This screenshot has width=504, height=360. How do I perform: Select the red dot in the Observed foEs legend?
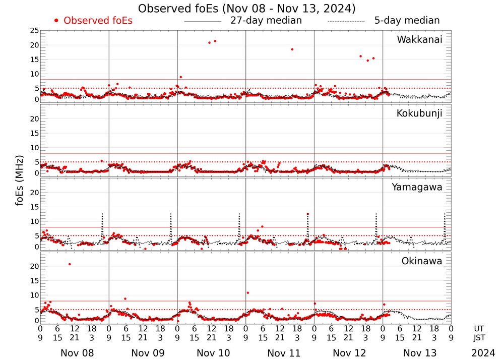coord(56,21)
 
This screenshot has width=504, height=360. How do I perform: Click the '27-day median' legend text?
coord(266,21)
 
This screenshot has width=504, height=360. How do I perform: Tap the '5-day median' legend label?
coord(407,21)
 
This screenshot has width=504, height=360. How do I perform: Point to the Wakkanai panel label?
coord(419,40)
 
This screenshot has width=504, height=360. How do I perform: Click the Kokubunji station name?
coord(419,113)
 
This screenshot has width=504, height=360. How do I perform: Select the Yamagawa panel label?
coord(417,187)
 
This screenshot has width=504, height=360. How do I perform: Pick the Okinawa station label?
coord(422,261)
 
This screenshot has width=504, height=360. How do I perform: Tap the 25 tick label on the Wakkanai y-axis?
coord(34,31)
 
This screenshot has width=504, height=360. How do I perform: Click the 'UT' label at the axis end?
coord(479,328)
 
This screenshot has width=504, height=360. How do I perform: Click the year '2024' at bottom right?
coord(483,353)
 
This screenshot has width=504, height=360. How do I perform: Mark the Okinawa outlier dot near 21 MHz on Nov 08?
coord(70,264)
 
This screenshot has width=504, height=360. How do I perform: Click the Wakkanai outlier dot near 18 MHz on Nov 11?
coord(292,49)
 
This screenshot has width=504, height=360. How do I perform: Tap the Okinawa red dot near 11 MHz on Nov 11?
coord(247,293)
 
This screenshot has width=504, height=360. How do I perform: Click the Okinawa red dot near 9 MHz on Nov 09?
coord(125,298)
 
